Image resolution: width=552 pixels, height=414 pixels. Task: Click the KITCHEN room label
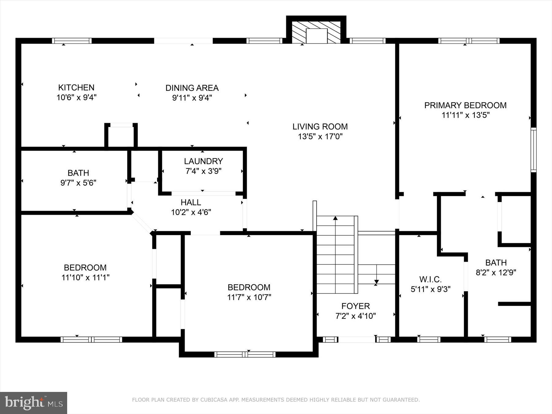coord(76,88)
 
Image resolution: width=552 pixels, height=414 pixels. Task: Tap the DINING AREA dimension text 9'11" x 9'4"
coord(192,98)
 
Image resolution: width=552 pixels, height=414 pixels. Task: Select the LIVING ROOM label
coord(320,127)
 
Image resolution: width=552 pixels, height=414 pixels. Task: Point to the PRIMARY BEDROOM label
coord(465,105)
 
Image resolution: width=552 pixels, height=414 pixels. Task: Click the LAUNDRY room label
coord(203,161)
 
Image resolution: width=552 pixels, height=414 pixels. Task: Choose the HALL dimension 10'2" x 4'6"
coord(191,212)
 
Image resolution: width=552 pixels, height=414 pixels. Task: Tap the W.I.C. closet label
coord(430,279)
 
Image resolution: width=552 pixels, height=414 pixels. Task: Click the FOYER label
coord(355,306)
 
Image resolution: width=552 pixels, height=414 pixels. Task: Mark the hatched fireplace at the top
coord(316,33)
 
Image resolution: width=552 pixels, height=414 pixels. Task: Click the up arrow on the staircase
coord(335,218)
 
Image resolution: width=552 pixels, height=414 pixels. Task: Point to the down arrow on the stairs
coord(376,282)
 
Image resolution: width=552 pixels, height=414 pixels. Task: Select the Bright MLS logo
coord(33,403)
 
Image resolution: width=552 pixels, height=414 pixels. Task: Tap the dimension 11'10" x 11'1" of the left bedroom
coord(85,278)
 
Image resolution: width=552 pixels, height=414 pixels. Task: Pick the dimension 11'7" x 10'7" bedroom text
coord(249,297)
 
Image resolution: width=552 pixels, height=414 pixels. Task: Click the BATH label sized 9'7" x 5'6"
coord(78,173)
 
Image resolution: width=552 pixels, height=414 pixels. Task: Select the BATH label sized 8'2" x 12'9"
coord(496,263)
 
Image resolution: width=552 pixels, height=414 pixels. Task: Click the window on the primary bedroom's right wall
coord(534,150)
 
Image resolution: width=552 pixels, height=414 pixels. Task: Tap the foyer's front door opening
coord(357,339)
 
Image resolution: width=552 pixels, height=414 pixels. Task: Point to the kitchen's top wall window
coord(72,41)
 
